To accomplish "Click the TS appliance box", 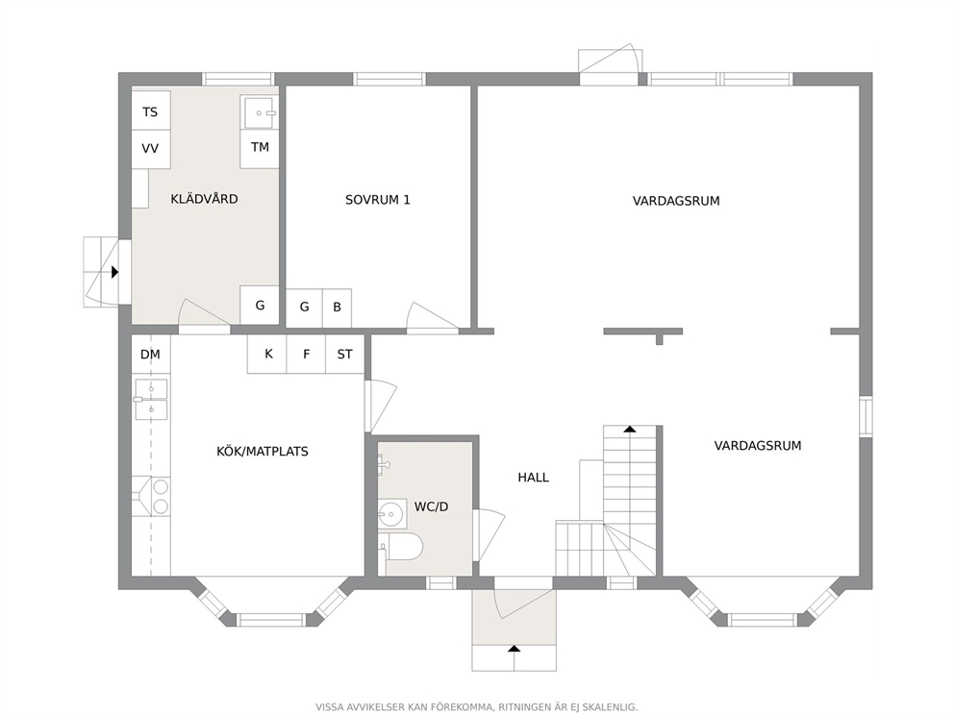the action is pyautogui.click(x=150, y=111).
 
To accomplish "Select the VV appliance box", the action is pyautogui.click(x=150, y=149).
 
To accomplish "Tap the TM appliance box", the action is pyautogui.click(x=260, y=148).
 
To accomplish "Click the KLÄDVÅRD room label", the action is pyautogui.click(x=204, y=199).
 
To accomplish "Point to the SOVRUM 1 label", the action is pyautogui.click(x=378, y=200).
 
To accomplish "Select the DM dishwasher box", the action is pyautogui.click(x=151, y=355).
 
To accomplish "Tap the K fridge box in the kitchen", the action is pyautogui.click(x=267, y=354).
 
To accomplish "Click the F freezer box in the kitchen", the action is pyautogui.click(x=306, y=354).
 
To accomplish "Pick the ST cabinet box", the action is pyautogui.click(x=345, y=354).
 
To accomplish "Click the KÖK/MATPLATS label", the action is pyautogui.click(x=263, y=451).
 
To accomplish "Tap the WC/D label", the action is pyautogui.click(x=432, y=506).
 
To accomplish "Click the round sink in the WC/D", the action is pyautogui.click(x=391, y=514).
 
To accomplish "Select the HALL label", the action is pyautogui.click(x=533, y=478).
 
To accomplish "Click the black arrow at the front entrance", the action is pyautogui.click(x=515, y=648).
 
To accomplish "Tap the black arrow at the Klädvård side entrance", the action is pyautogui.click(x=115, y=272).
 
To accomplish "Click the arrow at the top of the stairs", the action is pyautogui.click(x=630, y=430).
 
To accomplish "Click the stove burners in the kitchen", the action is pyautogui.click(x=161, y=496).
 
